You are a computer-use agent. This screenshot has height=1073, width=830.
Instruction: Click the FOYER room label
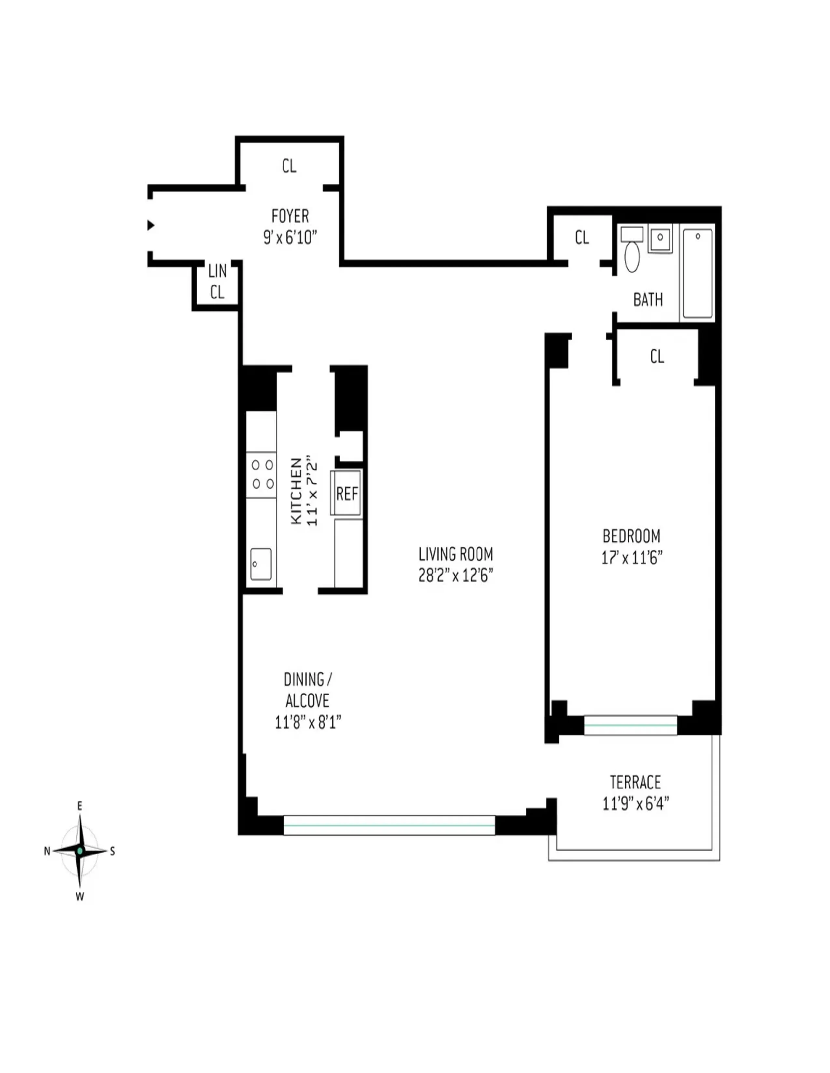(290, 216)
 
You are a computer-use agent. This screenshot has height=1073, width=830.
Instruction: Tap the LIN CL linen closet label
(217, 282)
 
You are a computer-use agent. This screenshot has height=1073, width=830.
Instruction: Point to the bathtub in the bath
(697, 274)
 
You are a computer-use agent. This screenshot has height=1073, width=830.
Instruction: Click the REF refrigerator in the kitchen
(347, 493)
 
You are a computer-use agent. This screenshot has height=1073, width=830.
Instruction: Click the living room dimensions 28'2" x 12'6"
(455, 575)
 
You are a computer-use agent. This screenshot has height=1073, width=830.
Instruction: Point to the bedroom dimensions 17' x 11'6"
(632, 558)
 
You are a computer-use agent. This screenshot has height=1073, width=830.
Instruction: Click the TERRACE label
(635, 782)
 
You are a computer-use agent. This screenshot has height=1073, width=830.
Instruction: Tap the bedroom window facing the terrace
(630, 725)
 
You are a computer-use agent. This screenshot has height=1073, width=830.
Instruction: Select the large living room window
(389, 825)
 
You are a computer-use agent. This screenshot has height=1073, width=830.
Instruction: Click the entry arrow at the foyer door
(151, 225)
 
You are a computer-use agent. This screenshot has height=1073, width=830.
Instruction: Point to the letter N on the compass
(47, 852)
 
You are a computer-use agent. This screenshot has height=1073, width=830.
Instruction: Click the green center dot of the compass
(80, 851)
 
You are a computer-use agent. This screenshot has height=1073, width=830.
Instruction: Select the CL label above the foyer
(289, 166)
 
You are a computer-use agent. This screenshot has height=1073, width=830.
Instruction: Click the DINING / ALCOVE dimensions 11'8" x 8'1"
(308, 722)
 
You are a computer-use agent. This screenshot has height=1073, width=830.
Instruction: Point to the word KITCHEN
(296, 491)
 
